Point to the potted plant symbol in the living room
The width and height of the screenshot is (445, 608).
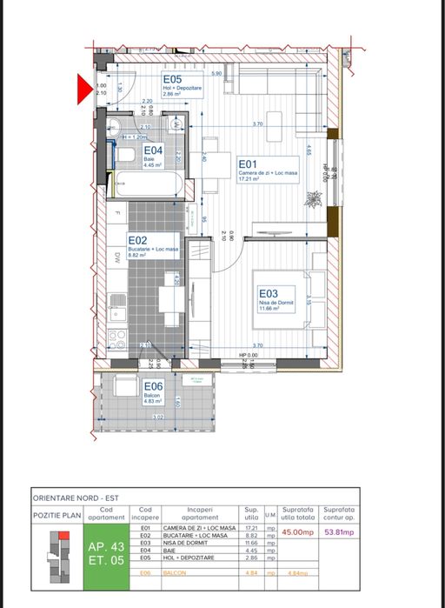[312, 199]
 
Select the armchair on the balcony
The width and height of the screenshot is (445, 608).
[124, 389]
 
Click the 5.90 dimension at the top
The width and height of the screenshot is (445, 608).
[217, 74]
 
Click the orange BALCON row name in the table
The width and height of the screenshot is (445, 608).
[189, 573]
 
